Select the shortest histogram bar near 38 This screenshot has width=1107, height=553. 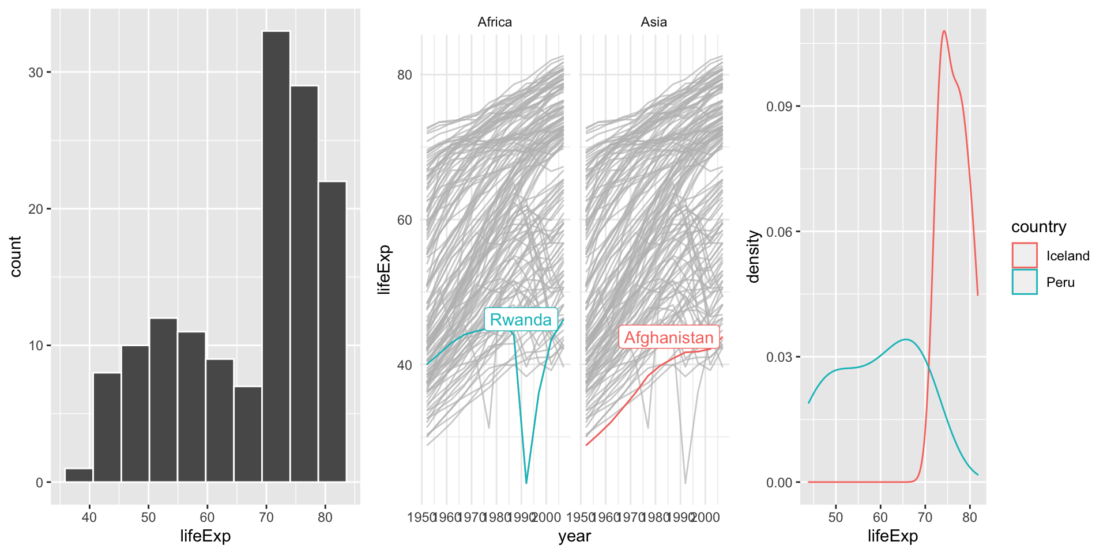(x=79, y=475)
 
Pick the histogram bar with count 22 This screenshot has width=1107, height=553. (x=333, y=331)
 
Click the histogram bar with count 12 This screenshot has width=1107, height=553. (x=163, y=400)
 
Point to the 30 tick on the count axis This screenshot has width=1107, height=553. (x=36, y=73)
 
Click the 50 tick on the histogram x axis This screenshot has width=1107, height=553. (x=148, y=517)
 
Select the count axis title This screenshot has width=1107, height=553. (x=16, y=256)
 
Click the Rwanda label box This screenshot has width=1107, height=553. (x=521, y=320)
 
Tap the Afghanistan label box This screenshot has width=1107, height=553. (x=669, y=338)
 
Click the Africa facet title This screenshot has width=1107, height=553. (x=495, y=22)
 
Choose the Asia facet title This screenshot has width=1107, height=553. (x=654, y=22)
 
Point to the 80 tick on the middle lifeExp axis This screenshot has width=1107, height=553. (x=405, y=75)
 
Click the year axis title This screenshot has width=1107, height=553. (x=574, y=536)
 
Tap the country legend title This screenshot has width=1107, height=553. (x=1038, y=227)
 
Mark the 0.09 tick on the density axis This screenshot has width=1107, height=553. (x=778, y=107)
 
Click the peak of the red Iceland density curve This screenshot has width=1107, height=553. (x=944, y=31)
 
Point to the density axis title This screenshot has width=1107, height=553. (x=753, y=256)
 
